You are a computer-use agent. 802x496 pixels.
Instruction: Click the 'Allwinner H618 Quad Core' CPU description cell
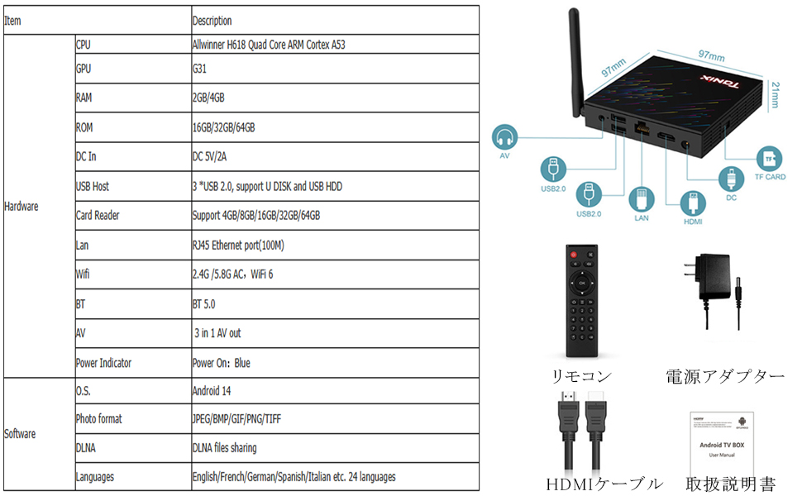point(268,45)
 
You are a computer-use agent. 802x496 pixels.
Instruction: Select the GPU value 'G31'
point(199,69)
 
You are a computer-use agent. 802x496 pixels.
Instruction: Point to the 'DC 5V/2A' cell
point(212,156)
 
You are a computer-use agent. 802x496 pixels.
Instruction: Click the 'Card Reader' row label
point(98,216)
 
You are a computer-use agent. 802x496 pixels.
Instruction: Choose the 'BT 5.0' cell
point(203,304)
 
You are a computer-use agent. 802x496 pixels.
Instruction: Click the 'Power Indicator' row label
point(103,363)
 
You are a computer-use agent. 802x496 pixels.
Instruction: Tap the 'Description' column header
point(212,21)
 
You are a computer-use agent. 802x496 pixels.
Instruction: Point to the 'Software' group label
point(21,434)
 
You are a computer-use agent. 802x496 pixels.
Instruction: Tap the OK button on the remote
point(582,284)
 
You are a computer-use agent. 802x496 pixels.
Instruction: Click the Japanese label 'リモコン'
point(582,376)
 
